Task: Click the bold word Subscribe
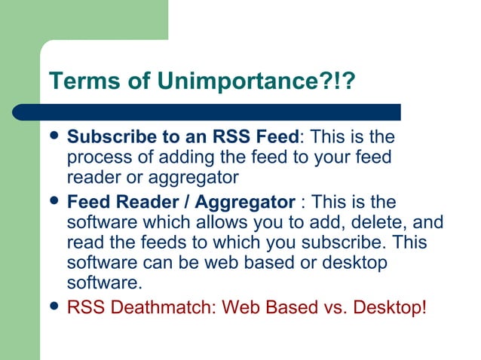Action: (x=104, y=138)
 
